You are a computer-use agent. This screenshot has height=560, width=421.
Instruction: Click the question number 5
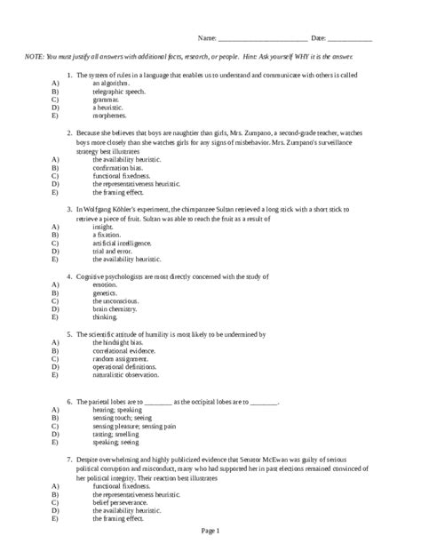(69, 334)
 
